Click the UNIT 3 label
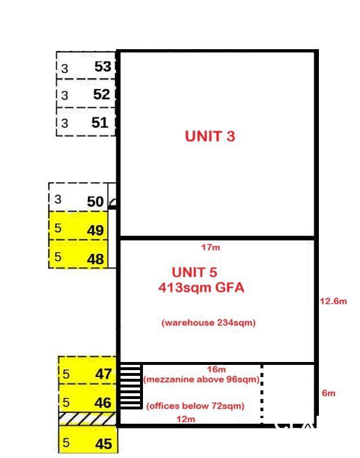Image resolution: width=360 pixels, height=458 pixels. click(210, 136)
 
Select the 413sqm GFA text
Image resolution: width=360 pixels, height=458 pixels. click(201, 287)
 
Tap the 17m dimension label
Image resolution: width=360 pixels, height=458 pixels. click(211, 248)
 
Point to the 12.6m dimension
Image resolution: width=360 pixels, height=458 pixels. click(333, 301)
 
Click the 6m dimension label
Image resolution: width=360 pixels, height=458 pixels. click(328, 393)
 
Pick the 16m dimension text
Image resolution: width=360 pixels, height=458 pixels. click(216, 369)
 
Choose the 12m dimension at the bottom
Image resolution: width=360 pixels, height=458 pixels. click(186, 419)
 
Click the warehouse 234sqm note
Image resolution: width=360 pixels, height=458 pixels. click(208, 323)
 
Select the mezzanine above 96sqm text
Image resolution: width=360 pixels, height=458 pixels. click(201, 379)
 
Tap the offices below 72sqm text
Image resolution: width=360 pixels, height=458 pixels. click(195, 406)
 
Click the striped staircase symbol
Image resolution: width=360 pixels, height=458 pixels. click(131, 386)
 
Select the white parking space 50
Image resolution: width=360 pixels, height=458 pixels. click(78, 197)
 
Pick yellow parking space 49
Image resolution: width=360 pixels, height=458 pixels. click(78, 226)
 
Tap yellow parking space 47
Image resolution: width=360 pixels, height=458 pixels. click(87, 370)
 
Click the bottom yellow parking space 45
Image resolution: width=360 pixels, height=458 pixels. click(89, 439)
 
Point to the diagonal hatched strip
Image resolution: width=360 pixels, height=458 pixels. click(87, 419)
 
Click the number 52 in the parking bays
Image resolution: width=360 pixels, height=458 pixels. click(101, 94)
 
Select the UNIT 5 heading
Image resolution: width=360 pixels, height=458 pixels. click(194, 272)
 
